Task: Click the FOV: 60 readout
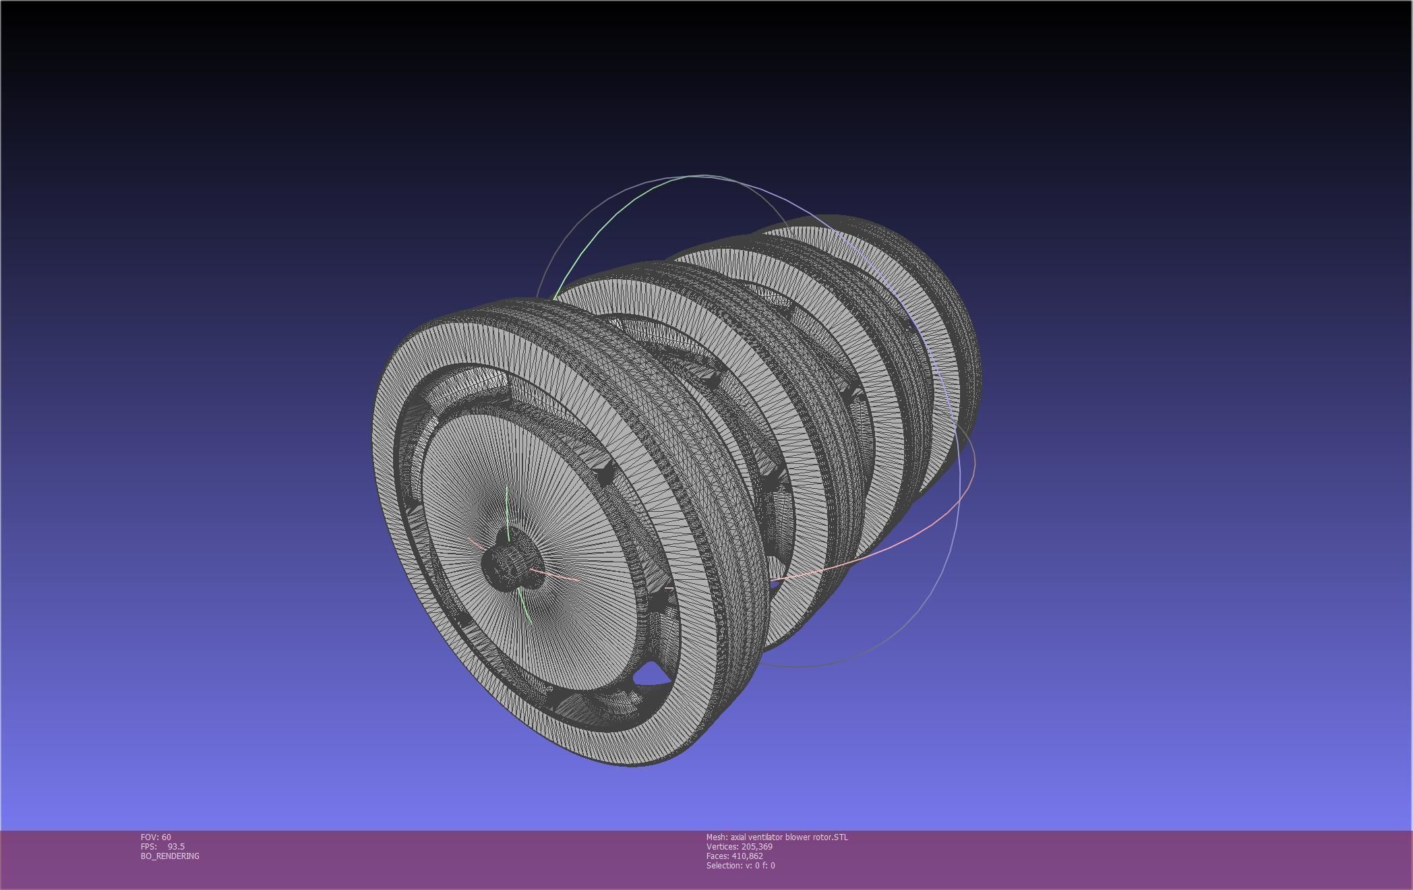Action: click(156, 837)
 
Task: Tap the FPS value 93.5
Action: click(176, 846)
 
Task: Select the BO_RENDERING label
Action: click(170, 856)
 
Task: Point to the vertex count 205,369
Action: click(756, 846)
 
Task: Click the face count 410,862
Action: click(747, 856)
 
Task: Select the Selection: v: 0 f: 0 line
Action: click(740, 865)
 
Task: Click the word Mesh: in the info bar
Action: click(717, 837)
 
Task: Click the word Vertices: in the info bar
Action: click(722, 846)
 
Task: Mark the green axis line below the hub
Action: click(526, 607)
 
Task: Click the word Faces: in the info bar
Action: click(717, 856)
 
